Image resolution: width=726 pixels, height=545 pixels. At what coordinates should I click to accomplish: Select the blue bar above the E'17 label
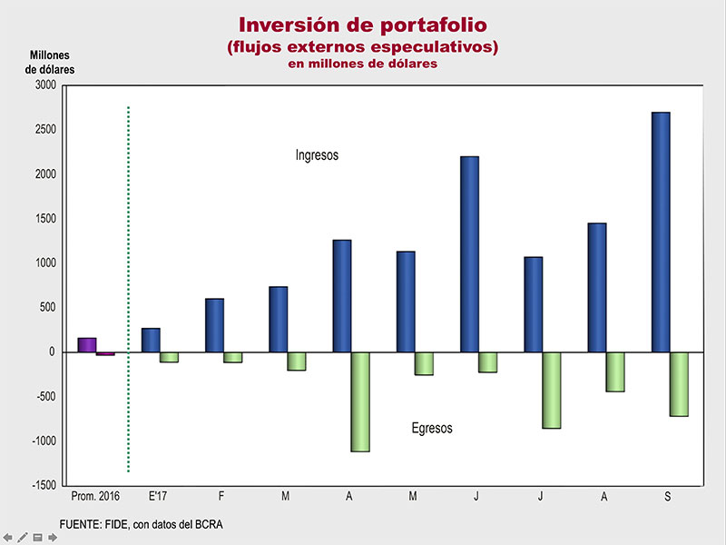click(x=151, y=341)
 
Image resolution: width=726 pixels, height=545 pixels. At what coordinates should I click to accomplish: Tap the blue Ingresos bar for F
click(x=214, y=325)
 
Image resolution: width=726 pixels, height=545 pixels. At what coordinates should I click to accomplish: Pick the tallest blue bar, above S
click(x=661, y=232)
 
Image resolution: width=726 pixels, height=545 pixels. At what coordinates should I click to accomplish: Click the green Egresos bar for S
click(x=680, y=384)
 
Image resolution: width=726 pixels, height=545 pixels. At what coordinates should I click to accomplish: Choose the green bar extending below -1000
click(x=360, y=401)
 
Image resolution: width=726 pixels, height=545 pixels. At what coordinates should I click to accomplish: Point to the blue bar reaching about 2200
click(x=469, y=254)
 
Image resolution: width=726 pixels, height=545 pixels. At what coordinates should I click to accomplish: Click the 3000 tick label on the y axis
click(x=44, y=85)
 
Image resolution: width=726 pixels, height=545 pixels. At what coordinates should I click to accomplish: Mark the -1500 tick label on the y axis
click(x=42, y=486)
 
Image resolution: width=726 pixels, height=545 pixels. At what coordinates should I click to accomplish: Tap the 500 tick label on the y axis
click(x=47, y=308)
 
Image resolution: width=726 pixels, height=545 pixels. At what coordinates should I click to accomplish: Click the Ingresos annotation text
click(x=317, y=155)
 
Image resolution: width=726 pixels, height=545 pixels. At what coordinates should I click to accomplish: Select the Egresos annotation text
click(x=432, y=428)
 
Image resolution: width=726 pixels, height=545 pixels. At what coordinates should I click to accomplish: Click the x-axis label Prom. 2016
click(x=94, y=498)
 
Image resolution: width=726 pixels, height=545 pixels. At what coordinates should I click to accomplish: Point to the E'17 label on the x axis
click(x=160, y=498)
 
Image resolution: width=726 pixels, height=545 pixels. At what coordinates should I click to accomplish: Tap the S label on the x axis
click(x=670, y=498)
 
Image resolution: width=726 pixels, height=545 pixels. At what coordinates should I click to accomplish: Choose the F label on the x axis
click(x=222, y=498)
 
